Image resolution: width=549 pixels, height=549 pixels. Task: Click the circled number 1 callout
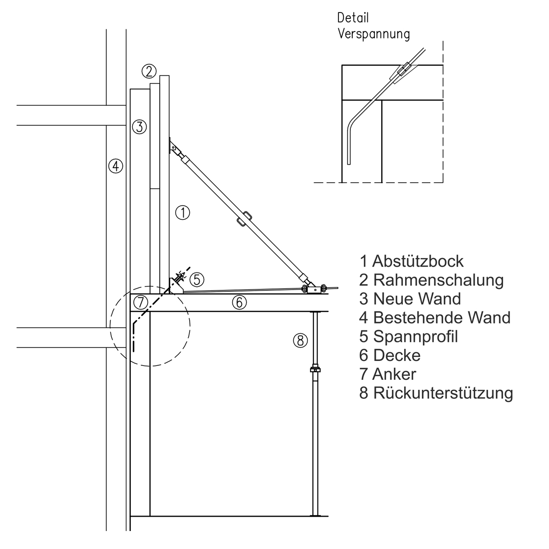[183, 213]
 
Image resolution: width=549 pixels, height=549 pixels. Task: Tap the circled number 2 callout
[149, 71]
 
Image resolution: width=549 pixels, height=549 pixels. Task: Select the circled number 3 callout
[140, 127]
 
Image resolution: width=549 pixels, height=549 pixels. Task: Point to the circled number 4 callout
[116, 166]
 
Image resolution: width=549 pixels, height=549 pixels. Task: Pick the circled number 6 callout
[240, 302]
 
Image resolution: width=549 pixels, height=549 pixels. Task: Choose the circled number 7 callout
[141, 302]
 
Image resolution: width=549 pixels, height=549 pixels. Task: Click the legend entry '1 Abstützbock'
[411, 261]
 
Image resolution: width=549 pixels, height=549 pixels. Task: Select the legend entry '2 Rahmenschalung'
[431, 280]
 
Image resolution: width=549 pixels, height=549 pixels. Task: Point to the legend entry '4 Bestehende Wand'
[435, 317]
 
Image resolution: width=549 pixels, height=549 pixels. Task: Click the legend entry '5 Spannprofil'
[408, 336]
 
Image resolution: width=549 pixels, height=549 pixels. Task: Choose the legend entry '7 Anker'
[387, 374]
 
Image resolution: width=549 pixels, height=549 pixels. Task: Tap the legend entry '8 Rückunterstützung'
[436, 393]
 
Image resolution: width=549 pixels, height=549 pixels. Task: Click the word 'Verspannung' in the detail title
[374, 34]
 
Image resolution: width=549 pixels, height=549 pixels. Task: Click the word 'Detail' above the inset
[353, 18]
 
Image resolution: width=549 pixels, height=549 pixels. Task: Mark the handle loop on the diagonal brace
[244, 220]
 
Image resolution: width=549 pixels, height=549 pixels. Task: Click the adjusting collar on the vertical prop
[315, 370]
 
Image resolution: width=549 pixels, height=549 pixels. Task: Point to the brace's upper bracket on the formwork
[174, 148]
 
